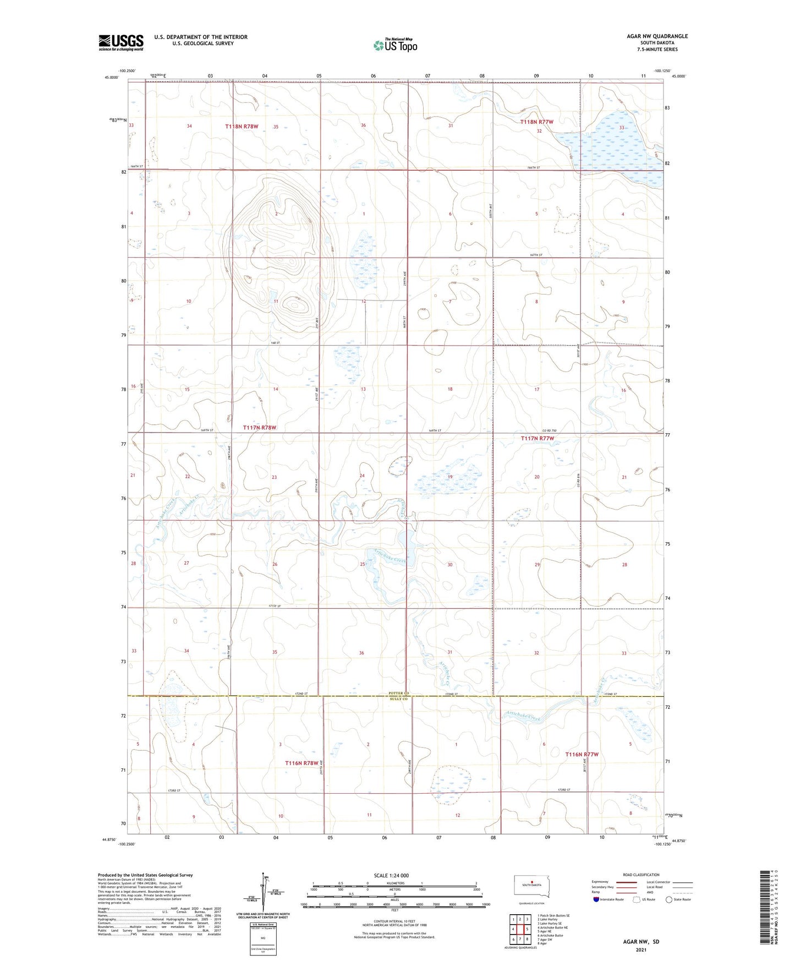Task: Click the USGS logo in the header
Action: tap(120, 42)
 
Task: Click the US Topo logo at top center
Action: tap(395, 45)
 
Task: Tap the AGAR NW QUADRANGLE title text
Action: tap(657, 36)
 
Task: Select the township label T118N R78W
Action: tap(242, 127)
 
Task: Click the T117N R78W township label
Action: tap(260, 427)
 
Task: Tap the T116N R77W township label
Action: tap(582, 755)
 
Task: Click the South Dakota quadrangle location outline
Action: tap(531, 887)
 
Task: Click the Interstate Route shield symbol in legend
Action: tap(596, 899)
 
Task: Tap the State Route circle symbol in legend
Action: tap(669, 899)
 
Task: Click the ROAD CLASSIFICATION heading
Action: tap(642, 875)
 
